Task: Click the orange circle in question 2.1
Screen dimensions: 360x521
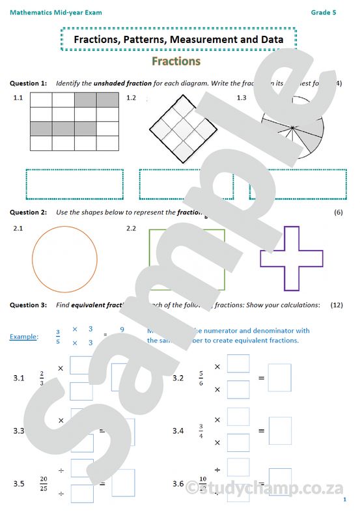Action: (64, 259)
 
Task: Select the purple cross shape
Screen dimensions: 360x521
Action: (291, 259)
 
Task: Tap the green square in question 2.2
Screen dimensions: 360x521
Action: (187, 259)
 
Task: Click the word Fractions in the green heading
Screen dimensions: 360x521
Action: (176, 61)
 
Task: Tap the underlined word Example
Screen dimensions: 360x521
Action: (23, 336)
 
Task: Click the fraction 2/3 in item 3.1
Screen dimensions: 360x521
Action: (41, 378)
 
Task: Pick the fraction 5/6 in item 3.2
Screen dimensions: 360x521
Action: (202, 378)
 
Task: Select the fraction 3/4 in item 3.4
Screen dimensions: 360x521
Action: (201, 430)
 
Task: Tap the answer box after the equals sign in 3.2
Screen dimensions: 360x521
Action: (280, 378)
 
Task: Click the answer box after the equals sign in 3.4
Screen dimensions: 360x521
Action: (280, 430)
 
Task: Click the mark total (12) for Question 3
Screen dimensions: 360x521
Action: (337, 305)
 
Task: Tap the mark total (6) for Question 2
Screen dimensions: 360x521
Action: (338, 212)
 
